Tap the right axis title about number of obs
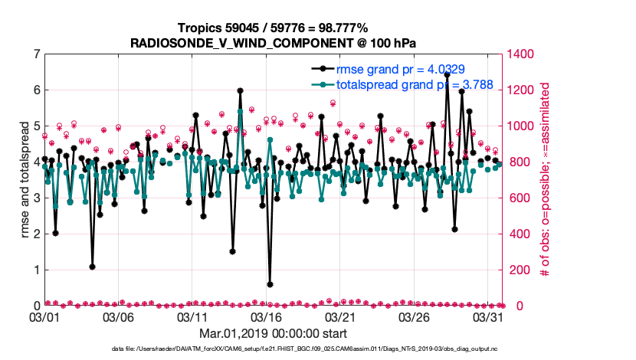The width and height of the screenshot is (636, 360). coord(546,179)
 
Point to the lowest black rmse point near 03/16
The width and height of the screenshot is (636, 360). coord(270,284)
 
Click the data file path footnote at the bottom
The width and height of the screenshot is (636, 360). coord(273,349)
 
